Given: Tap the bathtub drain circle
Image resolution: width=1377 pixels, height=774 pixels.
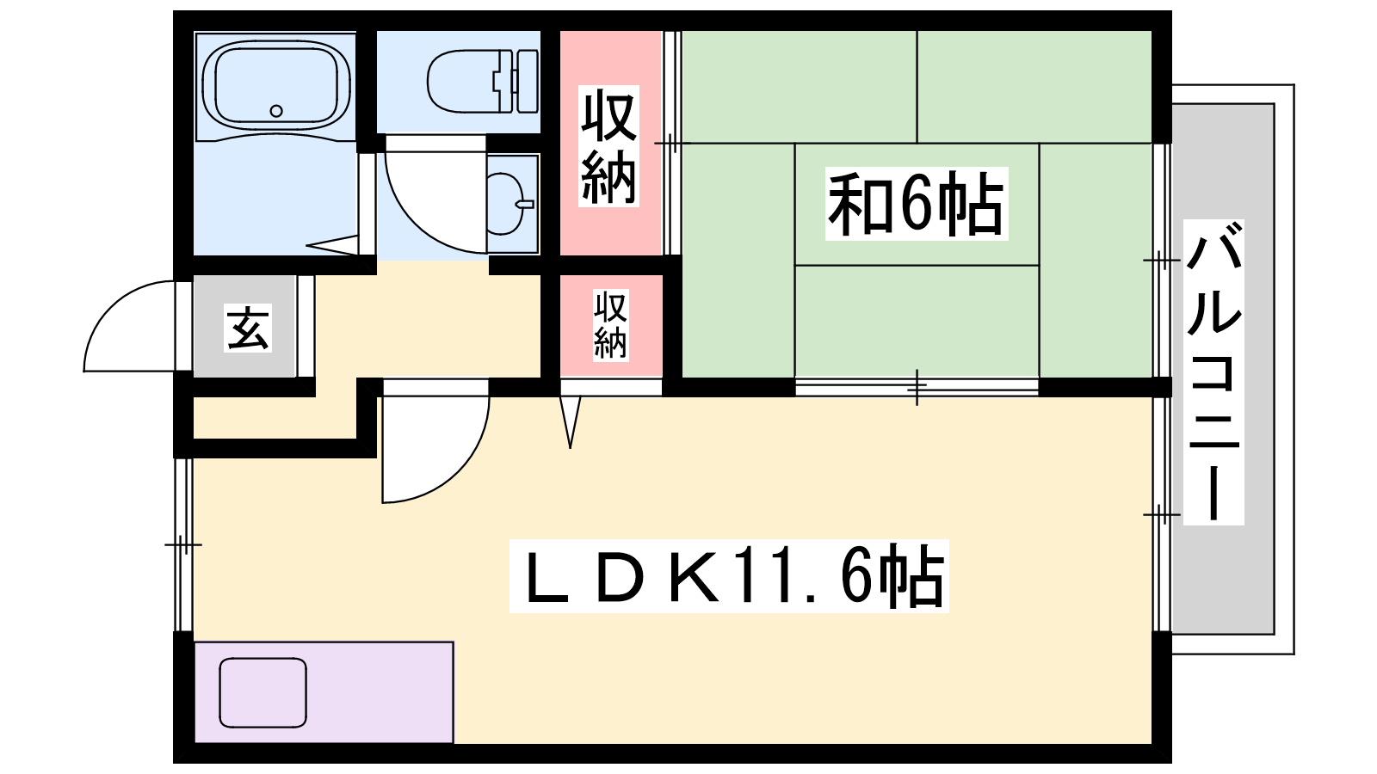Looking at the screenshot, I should [x=276, y=111].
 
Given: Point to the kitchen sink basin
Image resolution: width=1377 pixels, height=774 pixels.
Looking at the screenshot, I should [x=262, y=692].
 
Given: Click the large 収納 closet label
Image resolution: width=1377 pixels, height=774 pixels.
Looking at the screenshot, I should [x=609, y=146].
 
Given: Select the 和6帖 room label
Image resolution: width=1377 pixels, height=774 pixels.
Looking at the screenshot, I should [x=916, y=205].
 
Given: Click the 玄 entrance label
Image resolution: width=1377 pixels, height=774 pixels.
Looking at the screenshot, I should [x=248, y=328].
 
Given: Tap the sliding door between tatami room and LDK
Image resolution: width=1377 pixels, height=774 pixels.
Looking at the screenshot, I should [x=917, y=387].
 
